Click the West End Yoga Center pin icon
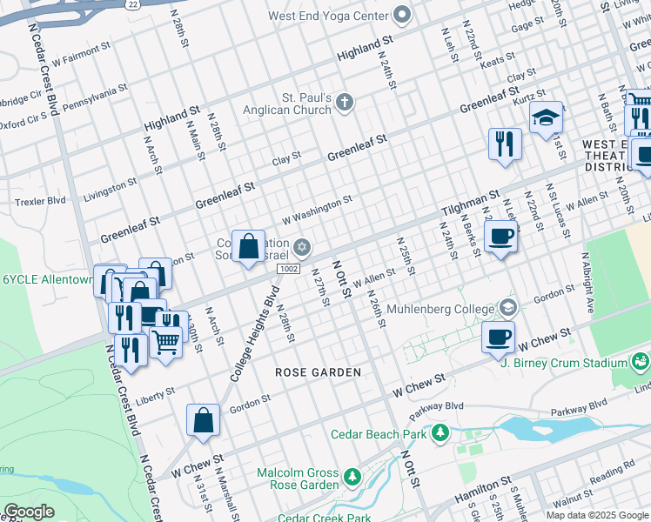401,15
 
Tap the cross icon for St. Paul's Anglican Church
345,104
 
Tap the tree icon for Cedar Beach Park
441,432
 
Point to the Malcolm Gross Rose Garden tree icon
352,477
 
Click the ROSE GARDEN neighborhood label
318,372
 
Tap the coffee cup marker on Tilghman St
500,237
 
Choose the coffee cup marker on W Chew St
498,338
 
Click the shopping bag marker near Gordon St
203,420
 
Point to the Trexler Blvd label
40,201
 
